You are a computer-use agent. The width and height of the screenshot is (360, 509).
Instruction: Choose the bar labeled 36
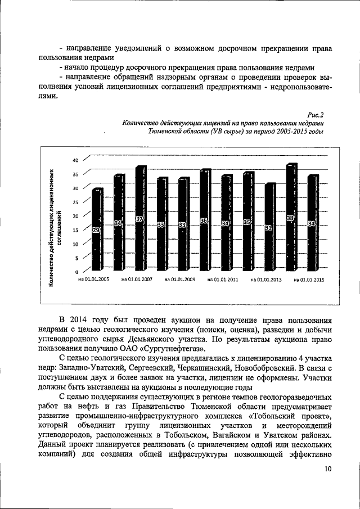(205, 222)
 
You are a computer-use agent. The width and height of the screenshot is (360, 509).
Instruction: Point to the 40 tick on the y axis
(75, 160)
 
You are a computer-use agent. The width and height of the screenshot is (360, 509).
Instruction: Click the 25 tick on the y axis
(75, 202)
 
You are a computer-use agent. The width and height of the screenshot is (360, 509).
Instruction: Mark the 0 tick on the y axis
(77, 272)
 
